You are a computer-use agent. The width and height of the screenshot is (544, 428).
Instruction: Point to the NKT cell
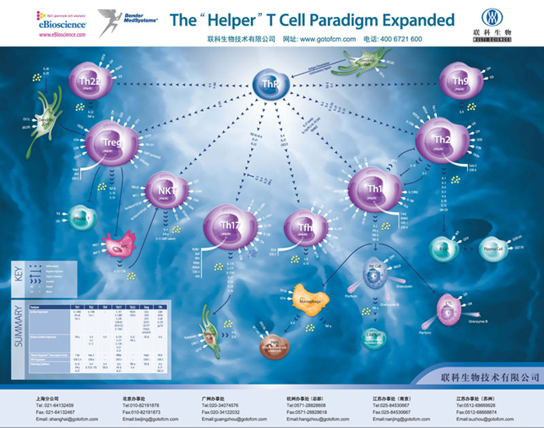click(x=166, y=190)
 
